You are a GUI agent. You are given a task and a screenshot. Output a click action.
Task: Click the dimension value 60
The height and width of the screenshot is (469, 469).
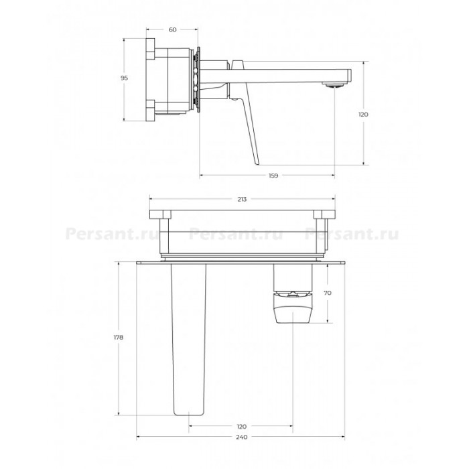point(173,29)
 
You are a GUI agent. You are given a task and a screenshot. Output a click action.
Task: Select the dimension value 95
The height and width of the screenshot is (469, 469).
point(124,78)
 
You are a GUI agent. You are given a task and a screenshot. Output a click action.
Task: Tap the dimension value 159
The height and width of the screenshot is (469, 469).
point(273,176)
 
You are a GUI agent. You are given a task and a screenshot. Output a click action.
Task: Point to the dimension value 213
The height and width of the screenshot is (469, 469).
point(242,199)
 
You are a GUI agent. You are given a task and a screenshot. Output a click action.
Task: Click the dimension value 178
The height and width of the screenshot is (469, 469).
point(119,338)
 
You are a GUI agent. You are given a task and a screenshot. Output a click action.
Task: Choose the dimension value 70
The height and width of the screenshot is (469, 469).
point(328,293)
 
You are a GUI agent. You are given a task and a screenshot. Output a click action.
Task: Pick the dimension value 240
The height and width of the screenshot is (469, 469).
point(242,438)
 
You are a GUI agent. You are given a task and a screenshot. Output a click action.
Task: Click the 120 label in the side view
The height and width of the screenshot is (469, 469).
point(363,115)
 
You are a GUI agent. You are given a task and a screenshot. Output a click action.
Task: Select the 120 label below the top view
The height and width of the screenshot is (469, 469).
point(241,427)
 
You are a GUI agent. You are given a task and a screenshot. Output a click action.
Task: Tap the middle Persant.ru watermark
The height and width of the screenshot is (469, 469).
point(236,234)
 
